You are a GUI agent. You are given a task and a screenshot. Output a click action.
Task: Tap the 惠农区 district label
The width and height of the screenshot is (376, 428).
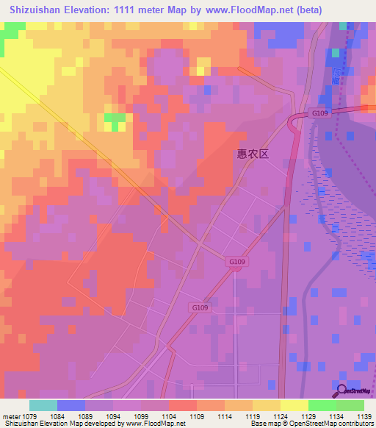(253, 154)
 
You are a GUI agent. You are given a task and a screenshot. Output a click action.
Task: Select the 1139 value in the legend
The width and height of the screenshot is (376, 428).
(365, 415)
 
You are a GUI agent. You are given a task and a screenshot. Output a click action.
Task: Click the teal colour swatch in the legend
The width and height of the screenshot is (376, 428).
(43, 405)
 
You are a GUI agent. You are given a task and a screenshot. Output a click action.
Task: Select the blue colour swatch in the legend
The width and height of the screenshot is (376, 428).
(71, 405)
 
